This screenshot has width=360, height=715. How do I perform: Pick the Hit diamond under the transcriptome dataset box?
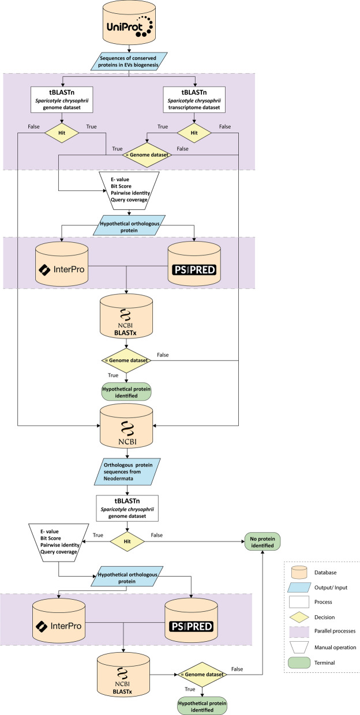[194, 132]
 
